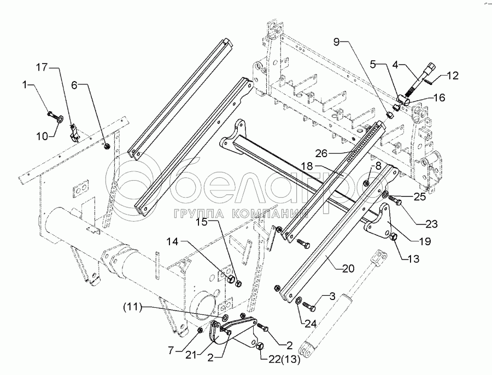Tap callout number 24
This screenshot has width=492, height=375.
coord(311,324)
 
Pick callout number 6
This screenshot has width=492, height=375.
coord(75,85)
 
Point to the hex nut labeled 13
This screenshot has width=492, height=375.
coord(393,236)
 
